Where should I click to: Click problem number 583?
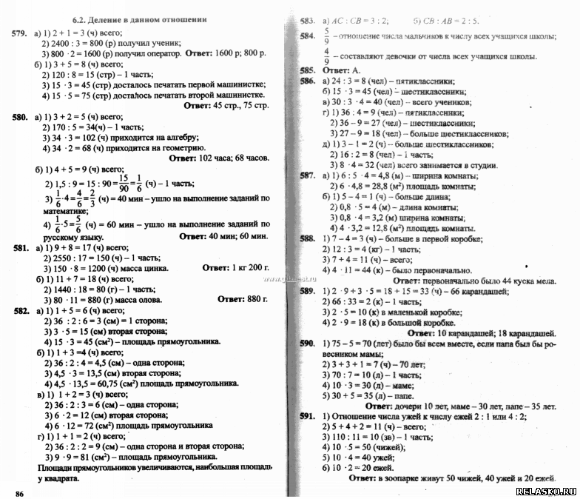pyautogui.click(x=309, y=20)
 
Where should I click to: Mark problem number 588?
pyautogui.click(x=308, y=238)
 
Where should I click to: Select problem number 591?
pyautogui.click(x=308, y=417)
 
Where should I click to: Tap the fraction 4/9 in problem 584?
pyautogui.click(x=326, y=56)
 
